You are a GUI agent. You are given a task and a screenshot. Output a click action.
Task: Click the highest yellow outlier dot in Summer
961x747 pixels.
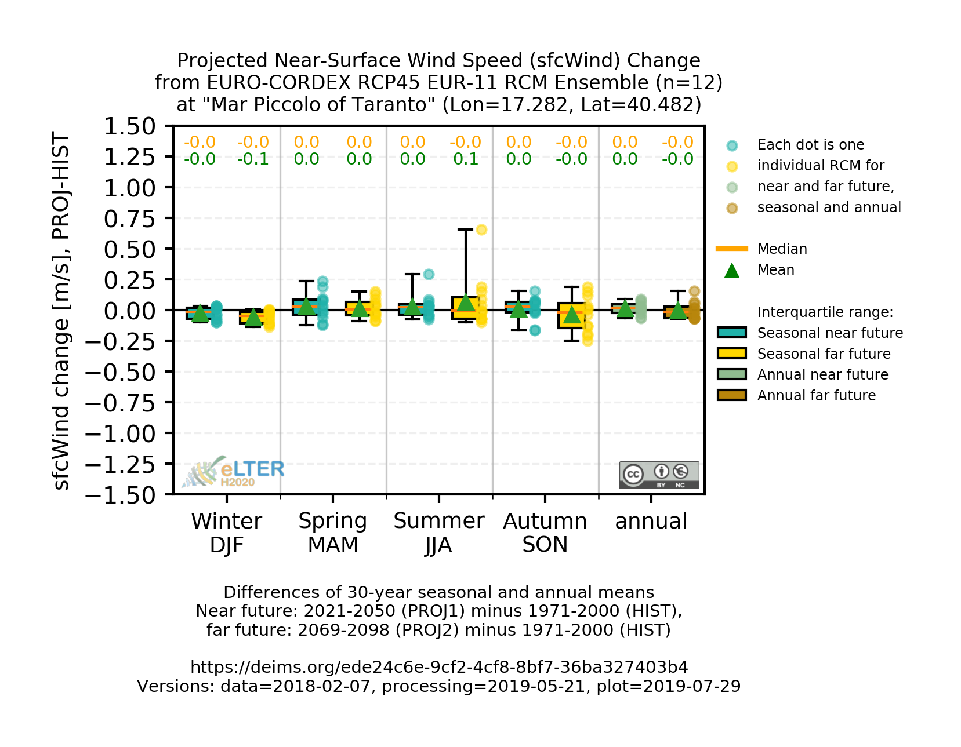481,230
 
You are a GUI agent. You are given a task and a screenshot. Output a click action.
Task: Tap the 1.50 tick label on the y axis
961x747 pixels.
129,126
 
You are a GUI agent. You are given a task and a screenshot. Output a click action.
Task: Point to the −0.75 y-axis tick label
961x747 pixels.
120,403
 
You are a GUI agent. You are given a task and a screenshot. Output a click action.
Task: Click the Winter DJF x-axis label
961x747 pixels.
226,533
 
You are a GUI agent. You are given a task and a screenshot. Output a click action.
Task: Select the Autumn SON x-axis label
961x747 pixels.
545,533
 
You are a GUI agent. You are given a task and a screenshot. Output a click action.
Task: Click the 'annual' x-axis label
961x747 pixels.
651,522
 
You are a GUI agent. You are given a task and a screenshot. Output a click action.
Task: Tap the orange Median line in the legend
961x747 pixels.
732,249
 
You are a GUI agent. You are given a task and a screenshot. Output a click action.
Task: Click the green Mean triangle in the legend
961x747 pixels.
732,271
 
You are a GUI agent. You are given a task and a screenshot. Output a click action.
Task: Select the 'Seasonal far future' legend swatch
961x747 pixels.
732,354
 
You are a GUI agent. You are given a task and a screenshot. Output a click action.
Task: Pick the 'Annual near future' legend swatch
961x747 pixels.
732,374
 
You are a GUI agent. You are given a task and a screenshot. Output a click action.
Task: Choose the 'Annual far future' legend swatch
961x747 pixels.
732,395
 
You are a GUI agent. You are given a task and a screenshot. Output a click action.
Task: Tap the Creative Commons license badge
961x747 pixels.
659,475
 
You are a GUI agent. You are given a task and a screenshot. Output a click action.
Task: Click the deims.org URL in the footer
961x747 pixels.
439,667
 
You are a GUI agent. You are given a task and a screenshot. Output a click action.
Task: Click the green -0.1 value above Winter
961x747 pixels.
253,159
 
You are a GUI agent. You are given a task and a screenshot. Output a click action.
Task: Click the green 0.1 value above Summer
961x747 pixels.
466,159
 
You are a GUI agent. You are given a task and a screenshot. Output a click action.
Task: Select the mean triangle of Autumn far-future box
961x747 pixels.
572,315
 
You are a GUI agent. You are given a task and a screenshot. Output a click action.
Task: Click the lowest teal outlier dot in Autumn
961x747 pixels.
535,330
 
